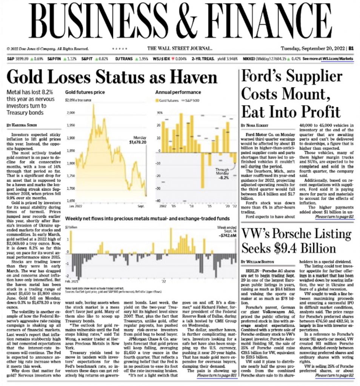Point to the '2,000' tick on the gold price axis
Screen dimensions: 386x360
click(71, 113)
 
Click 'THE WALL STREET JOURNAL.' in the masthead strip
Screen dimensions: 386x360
click(180, 48)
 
